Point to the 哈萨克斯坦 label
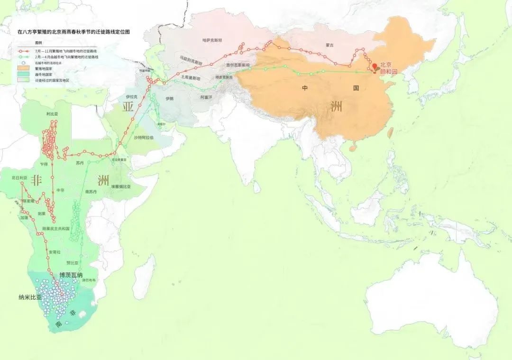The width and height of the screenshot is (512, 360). pos(212,40)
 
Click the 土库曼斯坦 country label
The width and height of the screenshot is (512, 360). pos(191,78)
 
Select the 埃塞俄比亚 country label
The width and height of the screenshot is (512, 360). pos(121,186)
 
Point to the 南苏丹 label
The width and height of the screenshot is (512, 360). pos(91,192)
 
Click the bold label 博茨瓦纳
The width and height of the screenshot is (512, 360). pos(71,275)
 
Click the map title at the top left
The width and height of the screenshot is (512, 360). pos(73,32)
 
